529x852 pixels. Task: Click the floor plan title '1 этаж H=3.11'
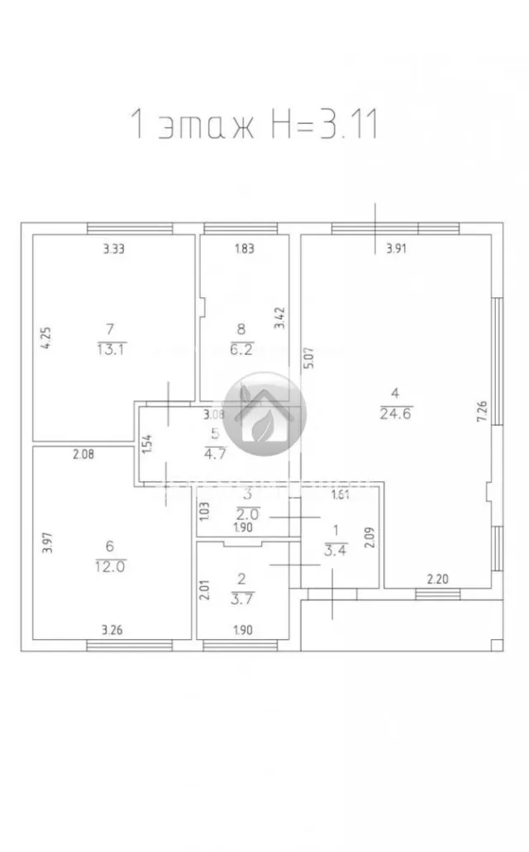254,125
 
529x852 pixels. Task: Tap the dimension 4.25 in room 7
46,339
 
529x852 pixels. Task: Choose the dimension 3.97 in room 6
46,542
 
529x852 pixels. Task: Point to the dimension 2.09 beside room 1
370,537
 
